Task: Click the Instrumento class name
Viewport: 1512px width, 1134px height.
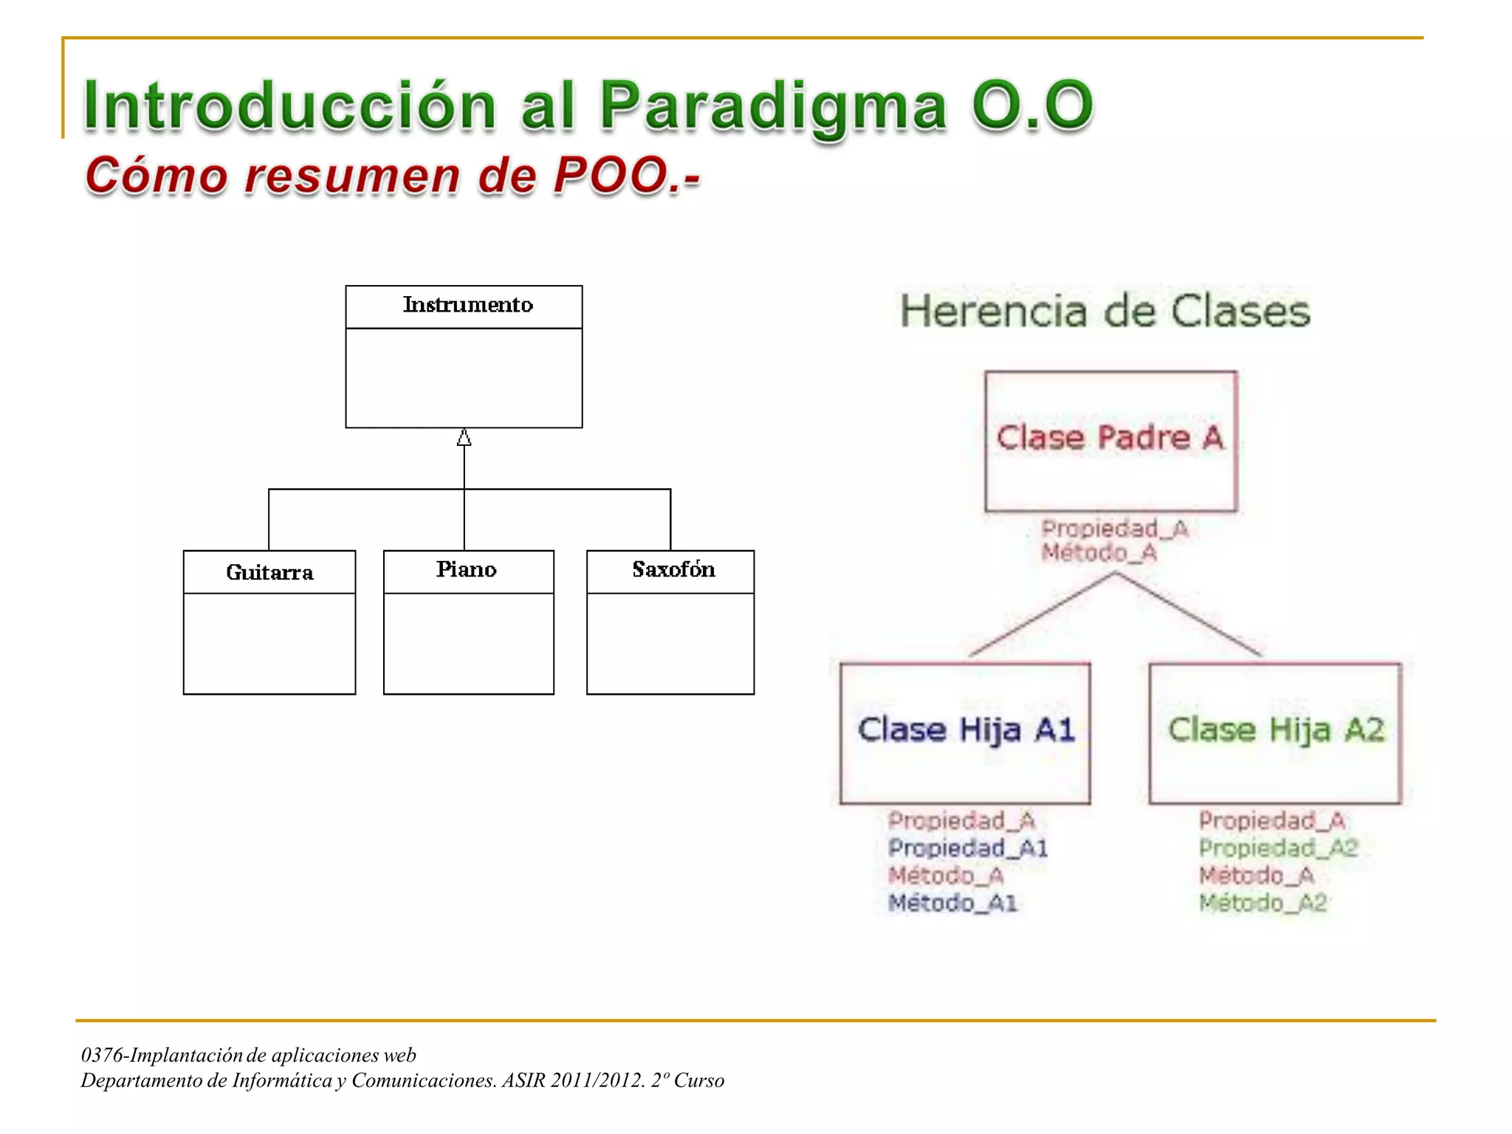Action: click(467, 305)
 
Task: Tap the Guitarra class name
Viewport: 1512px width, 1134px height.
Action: click(269, 572)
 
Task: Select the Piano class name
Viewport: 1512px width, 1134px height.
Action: click(466, 569)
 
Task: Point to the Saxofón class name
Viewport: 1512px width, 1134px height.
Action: click(673, 569)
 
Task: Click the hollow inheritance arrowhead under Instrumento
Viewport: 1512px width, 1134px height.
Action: click(464, 439)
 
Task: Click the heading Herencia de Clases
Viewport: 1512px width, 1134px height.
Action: click(1105, 311)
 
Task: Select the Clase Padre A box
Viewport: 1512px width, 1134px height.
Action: click(1110, 441)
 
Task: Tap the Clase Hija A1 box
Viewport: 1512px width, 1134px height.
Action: click(965, 732)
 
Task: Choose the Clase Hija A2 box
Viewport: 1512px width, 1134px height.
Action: click(1275, 732)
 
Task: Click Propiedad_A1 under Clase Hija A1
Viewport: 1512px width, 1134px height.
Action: click(967, 848)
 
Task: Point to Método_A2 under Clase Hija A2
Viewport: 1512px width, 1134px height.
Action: click(1262, 902)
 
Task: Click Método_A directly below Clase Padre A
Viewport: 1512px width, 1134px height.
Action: click(1099, 552)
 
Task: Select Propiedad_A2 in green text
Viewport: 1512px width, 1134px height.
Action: click(1278, 848)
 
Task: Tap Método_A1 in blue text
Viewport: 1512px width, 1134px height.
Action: click(952, 902)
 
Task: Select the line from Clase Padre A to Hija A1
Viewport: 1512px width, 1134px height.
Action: click(1041, 614)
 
